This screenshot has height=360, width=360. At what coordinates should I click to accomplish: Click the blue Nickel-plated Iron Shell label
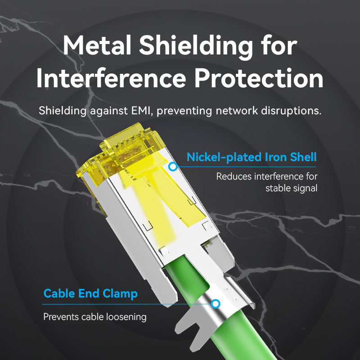[x=252, y=157]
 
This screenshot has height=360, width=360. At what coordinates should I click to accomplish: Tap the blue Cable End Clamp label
[x=90, y=294]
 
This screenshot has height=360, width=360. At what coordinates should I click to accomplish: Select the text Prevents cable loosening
[x=95, y=317]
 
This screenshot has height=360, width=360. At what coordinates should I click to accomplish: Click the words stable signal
[x=292, y=188]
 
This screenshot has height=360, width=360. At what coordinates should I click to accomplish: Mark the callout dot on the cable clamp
[x=216, y=304]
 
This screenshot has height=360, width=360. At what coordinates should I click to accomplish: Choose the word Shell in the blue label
[x=302, y=157]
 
